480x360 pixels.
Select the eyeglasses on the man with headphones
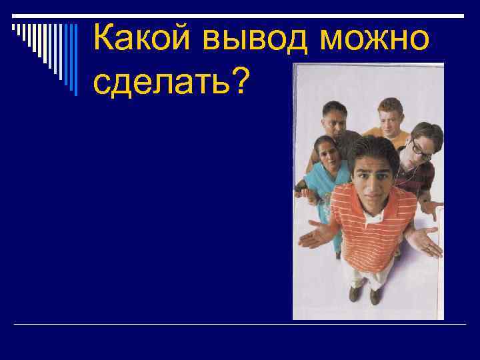[x=419, y=148]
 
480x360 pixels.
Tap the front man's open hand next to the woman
[x=317, y=235]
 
